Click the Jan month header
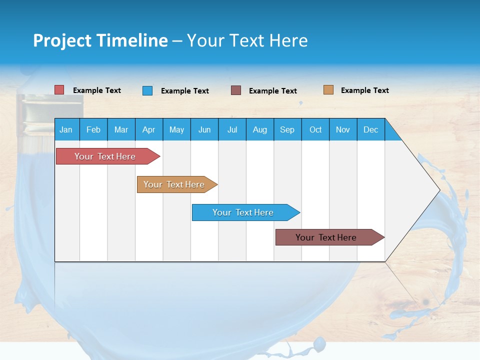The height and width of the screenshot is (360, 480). pos(66,129)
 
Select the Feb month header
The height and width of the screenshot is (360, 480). pos(93,129)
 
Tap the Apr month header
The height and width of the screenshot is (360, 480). pos(148,129)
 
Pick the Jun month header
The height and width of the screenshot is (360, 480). pos(204,129)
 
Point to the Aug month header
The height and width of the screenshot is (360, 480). pos(259,129)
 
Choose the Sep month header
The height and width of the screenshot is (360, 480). pos(287,129)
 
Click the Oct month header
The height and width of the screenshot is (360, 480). pos(315,129)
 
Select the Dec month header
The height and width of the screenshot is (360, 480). pos(370,129)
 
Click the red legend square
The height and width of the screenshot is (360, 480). pos(59,90)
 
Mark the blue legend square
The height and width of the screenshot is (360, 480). pos(147,90)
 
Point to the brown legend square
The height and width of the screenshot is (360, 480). pos(236,90)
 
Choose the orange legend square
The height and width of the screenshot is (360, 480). pos(328,90)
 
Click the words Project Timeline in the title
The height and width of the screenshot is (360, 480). pos(100,40)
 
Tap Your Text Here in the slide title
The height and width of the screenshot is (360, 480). pos(247,40)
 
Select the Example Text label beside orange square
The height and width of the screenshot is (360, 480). pos(364,90)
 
